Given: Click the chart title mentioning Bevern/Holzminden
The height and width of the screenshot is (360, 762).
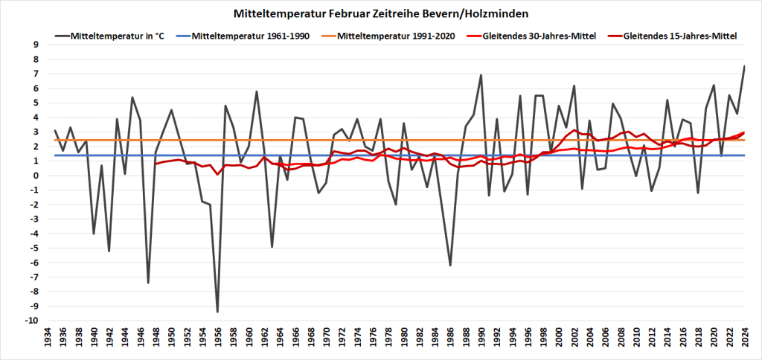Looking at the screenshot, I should [381, 13].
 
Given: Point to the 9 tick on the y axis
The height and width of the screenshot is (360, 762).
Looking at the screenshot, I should [35, 45].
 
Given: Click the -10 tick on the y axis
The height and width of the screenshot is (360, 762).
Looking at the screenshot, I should [33, 321].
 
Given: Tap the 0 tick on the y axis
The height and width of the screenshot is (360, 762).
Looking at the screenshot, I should [35, 176].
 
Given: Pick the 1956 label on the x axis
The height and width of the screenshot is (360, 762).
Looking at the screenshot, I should [218, 342].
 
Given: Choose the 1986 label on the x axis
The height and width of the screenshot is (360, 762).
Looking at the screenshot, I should [451, 342].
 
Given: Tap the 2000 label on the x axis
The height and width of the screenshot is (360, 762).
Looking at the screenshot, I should [559, 342].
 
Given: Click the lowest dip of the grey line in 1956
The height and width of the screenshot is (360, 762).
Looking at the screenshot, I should [217, 312].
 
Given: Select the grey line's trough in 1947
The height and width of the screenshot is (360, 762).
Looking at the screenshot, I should [148, 283].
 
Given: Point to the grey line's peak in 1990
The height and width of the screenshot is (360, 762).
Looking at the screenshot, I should [481, 75].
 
